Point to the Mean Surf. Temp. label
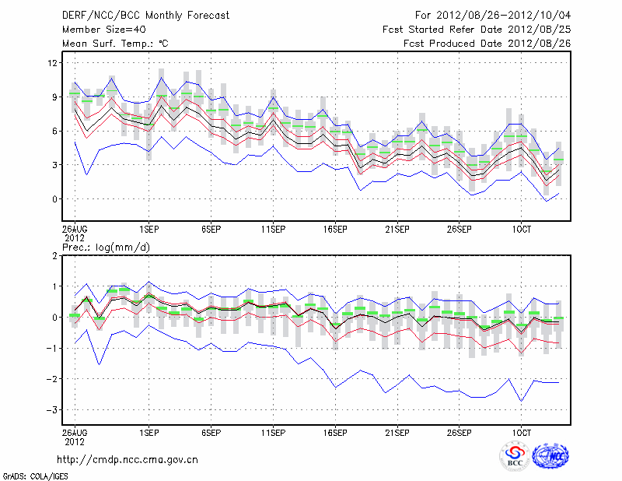(x=115, y=44)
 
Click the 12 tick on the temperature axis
(x=53, y=63)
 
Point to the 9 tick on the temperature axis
(x=55, y=97)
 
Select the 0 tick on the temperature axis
(x=55, y=199)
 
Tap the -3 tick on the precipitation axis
(x=51, y=409)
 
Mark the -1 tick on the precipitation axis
(x=51, y=348)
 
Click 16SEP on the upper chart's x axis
(x=335, y=230)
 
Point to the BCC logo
(x=514, y=456)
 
